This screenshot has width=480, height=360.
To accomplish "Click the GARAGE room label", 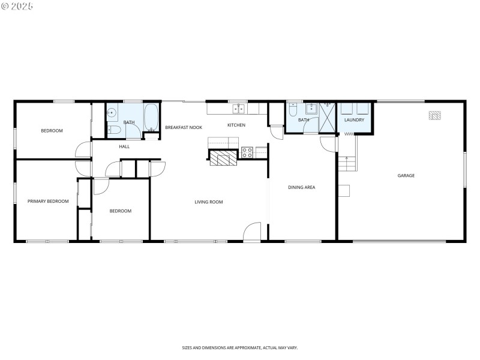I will (x=406, y=176).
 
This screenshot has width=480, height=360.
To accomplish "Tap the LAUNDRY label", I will (x=354, y=120).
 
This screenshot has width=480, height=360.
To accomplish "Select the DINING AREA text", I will (x=301, y=187).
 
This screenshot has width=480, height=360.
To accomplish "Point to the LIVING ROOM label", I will (x=208, y=202).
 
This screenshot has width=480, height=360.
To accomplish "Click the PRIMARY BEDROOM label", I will (x=48, y=202).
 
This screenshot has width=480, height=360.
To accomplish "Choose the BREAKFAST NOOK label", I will (x=184, y=127).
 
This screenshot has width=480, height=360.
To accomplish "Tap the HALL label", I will (x=124, y=146).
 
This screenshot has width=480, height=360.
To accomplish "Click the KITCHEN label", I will (x=236, y=125).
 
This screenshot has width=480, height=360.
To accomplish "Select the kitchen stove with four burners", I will (x=247, y=152).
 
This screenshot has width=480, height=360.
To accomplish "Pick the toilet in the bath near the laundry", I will (x=292, y=110).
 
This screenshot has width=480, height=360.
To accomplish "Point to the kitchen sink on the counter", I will (x=239, y=109).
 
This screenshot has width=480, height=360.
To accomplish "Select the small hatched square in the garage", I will (x=434, y=115).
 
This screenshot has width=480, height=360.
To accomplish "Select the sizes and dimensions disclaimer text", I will (x=239, y=347).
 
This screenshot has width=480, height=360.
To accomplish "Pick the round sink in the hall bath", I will (x=112, y=112).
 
